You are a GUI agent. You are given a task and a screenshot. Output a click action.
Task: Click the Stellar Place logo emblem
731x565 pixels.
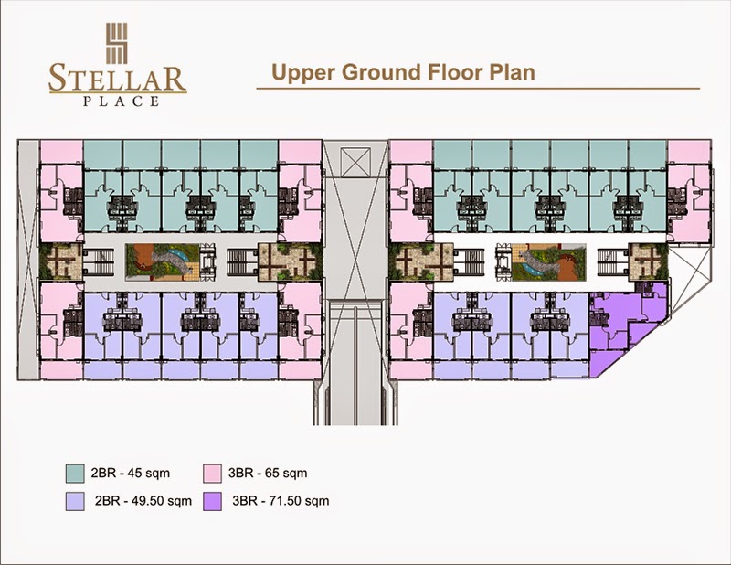[x=117, y=43]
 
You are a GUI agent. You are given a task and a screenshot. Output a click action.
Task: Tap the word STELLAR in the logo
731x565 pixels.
[x=118, y=79]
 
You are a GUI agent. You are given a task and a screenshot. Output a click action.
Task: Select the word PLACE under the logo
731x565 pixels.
[x=122, y=101]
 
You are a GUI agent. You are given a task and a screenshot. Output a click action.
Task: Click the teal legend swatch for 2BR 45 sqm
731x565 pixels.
[x=75, y=473]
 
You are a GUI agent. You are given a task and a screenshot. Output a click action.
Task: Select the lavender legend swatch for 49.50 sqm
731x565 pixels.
[x=75, y=501]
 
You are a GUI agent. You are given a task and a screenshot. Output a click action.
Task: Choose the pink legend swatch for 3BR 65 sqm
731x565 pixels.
[x=212, y=473]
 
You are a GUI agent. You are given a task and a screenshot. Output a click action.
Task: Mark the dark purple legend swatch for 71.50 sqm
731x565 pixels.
[x=212, y=501]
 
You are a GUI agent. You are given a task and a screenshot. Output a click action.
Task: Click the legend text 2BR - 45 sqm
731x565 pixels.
[x=131, y=473]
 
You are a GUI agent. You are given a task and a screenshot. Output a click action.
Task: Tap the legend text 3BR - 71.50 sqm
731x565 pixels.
[x=281, y=501]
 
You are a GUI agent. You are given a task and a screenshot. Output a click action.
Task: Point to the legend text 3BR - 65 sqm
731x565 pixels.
[x=268, y=473]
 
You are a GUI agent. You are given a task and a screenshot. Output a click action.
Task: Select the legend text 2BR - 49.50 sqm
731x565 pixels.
[x=143, y=501]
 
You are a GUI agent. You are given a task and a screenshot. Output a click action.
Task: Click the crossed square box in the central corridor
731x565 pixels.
[x=355, y=162]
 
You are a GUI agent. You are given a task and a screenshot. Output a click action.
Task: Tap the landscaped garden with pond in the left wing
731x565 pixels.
[x=163, y=261]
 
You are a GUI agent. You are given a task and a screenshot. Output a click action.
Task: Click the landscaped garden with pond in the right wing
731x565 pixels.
[x=548, y=261]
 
